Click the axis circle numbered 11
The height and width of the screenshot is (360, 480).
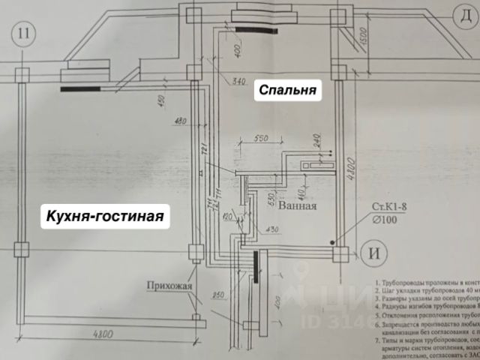pyautogui.click(x=25, y=33)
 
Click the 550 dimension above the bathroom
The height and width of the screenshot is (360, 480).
pyautogui.click(x=260, y=139)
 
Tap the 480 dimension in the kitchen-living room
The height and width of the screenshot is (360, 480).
pyautogui.click(x=180, y=121)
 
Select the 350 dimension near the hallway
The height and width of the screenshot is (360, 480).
pyautogui.click(x=218, y=295)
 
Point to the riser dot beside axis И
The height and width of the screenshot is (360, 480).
pyautogui.click(x=331, y=242)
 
